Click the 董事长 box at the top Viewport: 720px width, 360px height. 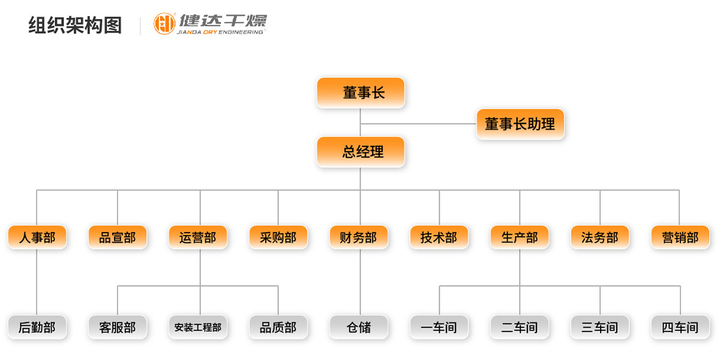(x=361, y=93)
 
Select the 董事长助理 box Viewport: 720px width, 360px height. (x=520, y=124)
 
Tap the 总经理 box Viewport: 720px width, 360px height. (x=361, y=152)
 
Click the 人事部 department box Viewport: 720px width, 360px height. (x=37, y=238)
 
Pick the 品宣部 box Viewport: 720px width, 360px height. (x=118, y=238)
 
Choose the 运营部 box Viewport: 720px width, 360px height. (x=198, y=238)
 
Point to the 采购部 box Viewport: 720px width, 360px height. (x=278, y=238)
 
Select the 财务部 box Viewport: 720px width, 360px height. (x=359, y=238)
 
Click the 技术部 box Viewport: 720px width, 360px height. (x=439, y=238)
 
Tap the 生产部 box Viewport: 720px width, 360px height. (x=520, y=238)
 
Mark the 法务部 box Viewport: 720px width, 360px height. (x=600, y=238)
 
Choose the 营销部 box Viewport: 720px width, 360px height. (x=680, y=238)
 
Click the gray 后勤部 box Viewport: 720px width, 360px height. (x=37, y=328)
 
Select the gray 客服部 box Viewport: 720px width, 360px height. (x=118, y=328)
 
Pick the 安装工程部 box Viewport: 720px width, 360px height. (x=198, y=328)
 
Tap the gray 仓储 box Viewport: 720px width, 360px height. (x=359, y=328)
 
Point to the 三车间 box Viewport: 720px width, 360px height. (x=600, y=328)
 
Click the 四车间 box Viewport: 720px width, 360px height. (x=680, y=328)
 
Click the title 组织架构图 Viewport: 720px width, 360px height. (x=75, y=25)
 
